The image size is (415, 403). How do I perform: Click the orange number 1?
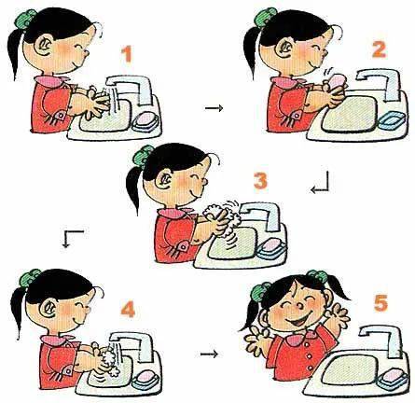[127, 54]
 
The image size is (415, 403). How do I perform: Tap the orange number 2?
[379, 49]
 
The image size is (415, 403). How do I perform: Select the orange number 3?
[260, 181]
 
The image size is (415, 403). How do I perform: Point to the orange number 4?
[128, 309]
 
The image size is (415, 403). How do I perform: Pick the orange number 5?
[380, 303]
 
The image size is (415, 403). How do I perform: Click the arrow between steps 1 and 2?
[214, 108]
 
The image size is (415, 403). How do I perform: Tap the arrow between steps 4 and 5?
[209, 354]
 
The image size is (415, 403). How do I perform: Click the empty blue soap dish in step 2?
[392, 120]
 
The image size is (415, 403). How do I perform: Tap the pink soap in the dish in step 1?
[144, 118]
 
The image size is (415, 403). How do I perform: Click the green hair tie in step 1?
[26, 19]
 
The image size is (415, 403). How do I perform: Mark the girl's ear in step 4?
[48, 308]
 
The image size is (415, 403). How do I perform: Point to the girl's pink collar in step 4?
[58, 340]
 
